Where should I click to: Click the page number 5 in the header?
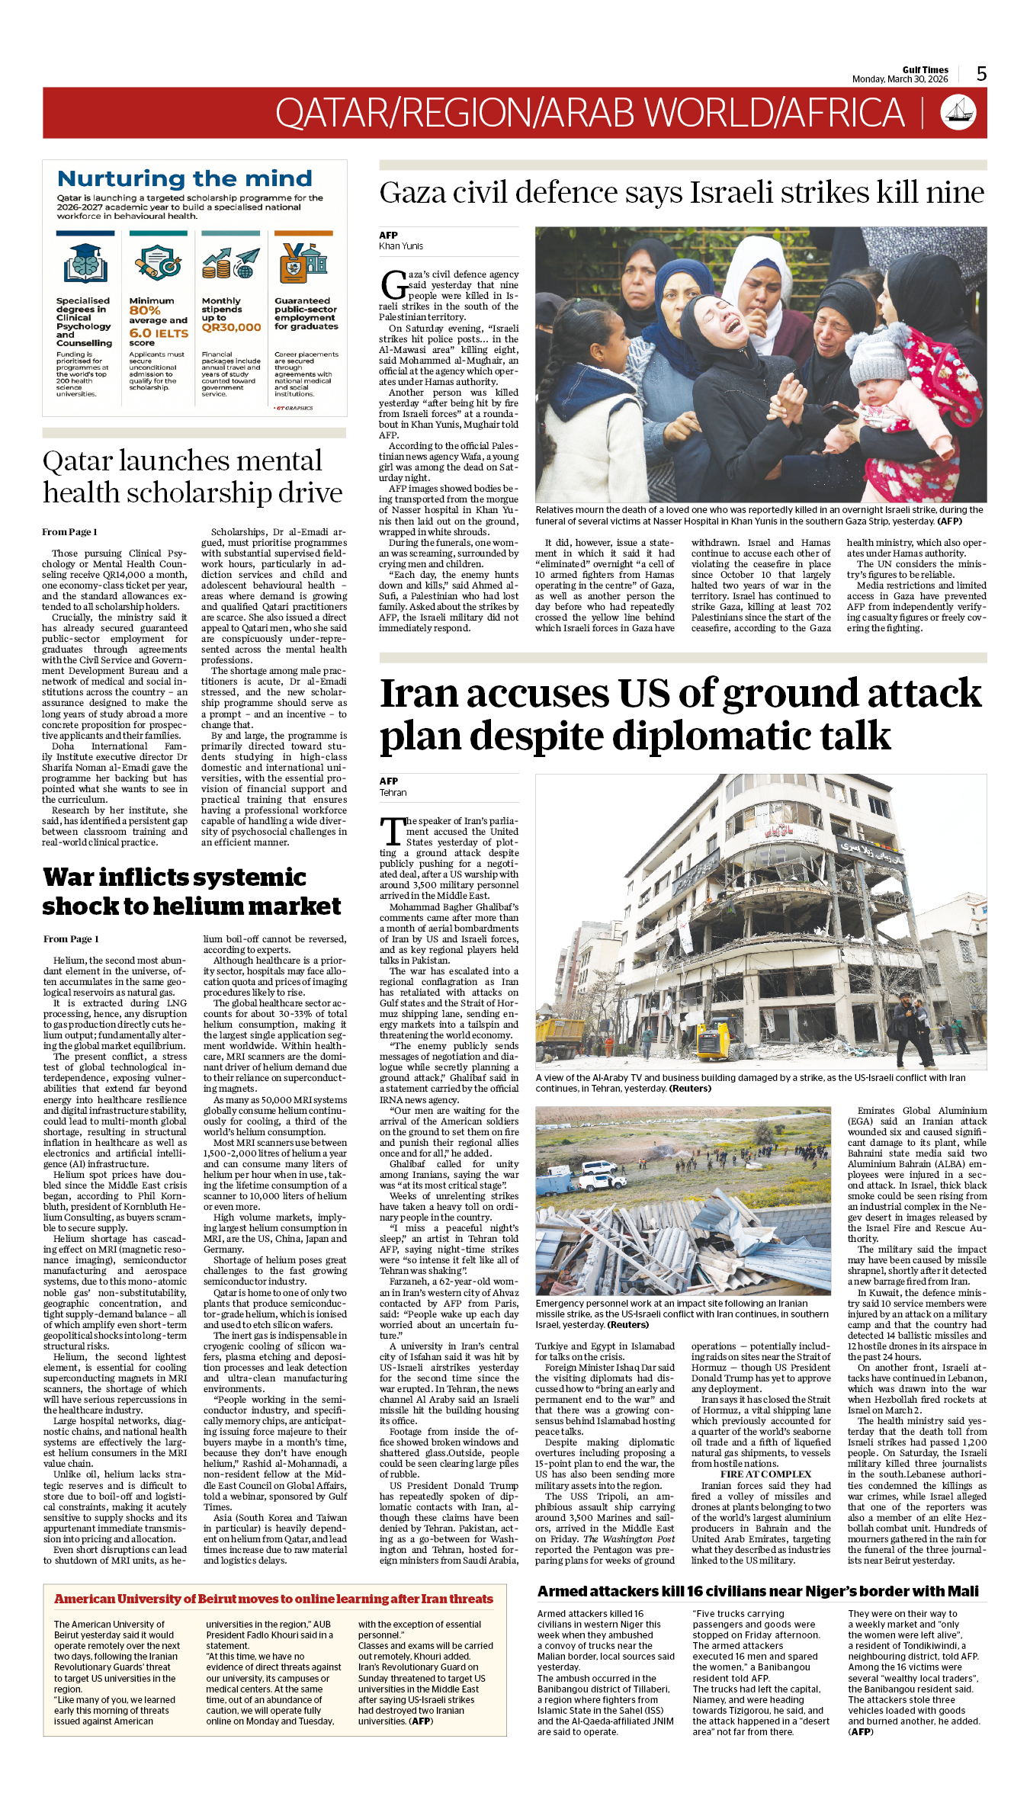tap(981, 73)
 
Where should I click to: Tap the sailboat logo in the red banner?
tap(958, 112)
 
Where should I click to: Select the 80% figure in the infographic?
tap(145, 310)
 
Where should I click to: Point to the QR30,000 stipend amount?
tap(231, 327)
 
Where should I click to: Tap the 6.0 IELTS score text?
tap(159, 333)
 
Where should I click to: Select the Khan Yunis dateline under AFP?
tap(401, 246)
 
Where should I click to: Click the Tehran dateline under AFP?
tap(393, 793)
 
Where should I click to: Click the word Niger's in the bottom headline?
tap(800, 1591)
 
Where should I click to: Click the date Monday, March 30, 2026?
tap(900, 79)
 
